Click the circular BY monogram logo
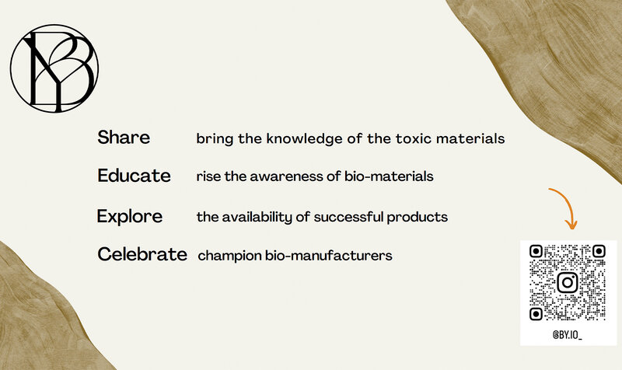tap(54, 68)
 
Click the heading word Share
tap(124, 138)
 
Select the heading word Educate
tap(134, 176)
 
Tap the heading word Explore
tap(130, 217)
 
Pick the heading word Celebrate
tap(142, 254)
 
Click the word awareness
tap(286, 176)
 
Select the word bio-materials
tap(389, 176)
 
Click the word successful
tap(348, 217)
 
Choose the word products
tap(418, 217)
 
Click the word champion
tap(229, 256)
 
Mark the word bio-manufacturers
tap(329, 256)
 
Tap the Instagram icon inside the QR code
tap(568, 282)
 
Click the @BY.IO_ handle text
tap(568, 335)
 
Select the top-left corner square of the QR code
tap(536, 251)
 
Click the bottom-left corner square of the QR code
tap(536, 314)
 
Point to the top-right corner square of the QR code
tap(599, 251)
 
